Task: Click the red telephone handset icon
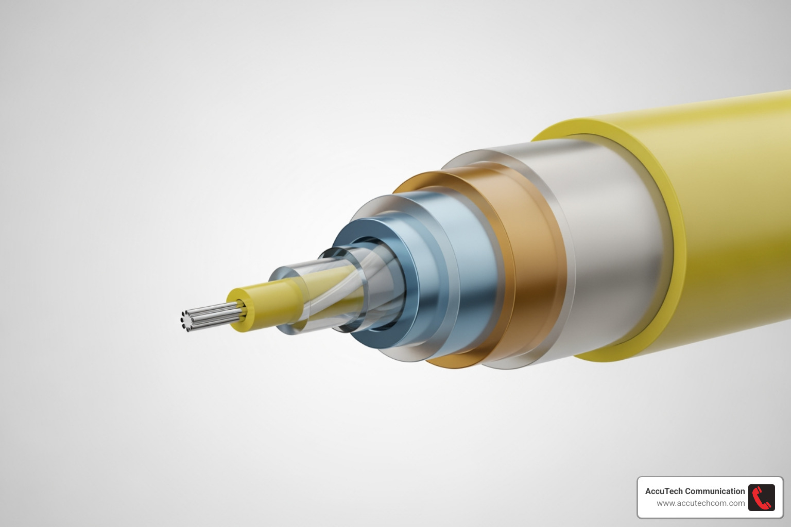click(x=761, y=497)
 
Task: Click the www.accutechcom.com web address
click(x=700, y=503)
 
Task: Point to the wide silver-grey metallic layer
click(x=613, y=247)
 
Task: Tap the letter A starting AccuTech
click(x=648, y=491)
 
